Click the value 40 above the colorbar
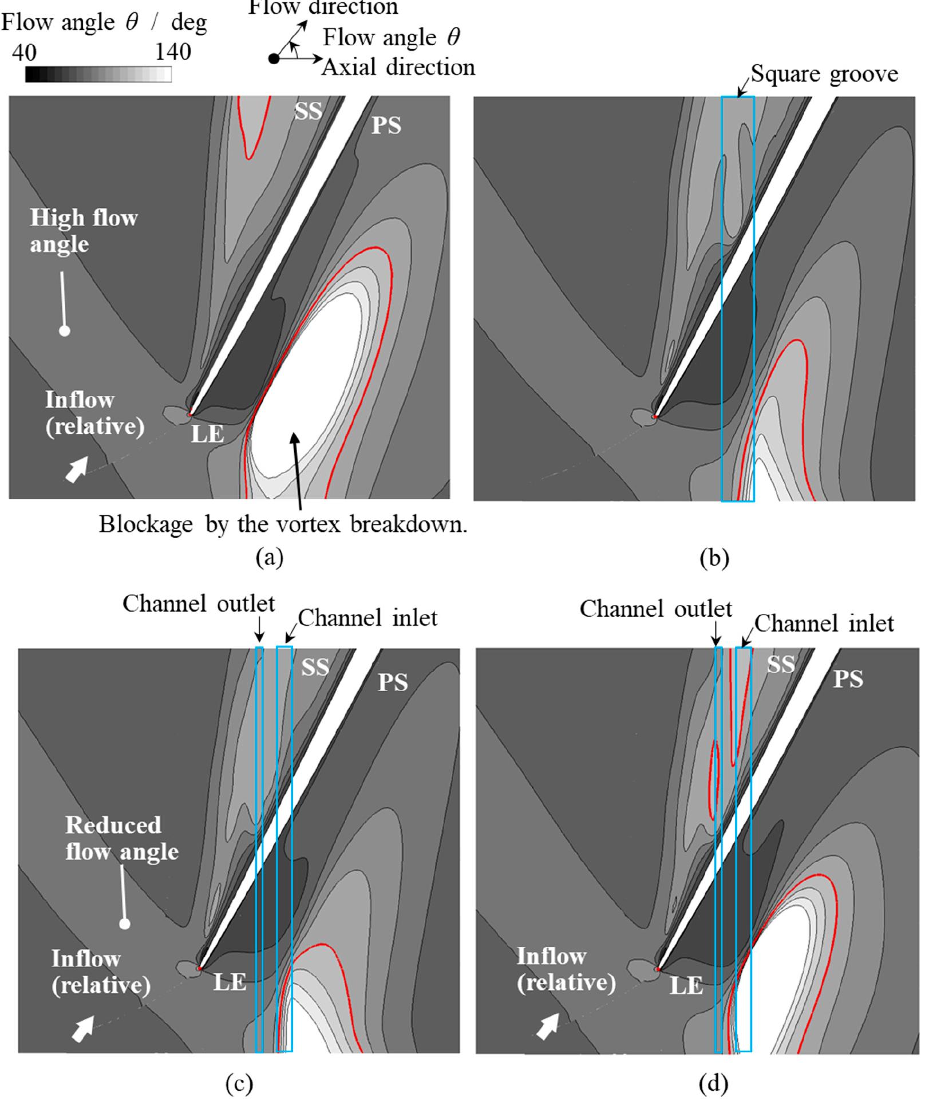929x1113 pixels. (x=24, y=53)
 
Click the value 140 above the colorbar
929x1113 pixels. (x=173, y=53)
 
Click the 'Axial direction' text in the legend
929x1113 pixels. (x=398, y=68)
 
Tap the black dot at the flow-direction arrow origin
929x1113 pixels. (x=274, y=58)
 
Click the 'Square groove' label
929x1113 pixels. (x=824, y=74)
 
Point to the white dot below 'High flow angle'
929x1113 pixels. (x=65, y=331)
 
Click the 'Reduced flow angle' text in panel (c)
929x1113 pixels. (x=121, y=838)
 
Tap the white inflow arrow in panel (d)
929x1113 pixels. (x=548, y=1025)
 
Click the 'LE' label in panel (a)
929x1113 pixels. (x=207, y=435)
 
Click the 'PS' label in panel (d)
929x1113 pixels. (x=848, y=679)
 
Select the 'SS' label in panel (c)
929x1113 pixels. (x=315, y=667)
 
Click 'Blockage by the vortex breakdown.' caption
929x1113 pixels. (x=283, y=524)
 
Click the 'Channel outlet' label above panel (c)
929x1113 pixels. (x=199, y=603)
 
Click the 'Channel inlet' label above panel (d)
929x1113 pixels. (x=824, y=623)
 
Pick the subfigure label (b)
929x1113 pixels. (x=714, y=557)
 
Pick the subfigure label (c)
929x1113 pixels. (x=239, y=1083)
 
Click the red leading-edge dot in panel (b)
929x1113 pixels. (x=655, y=417)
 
